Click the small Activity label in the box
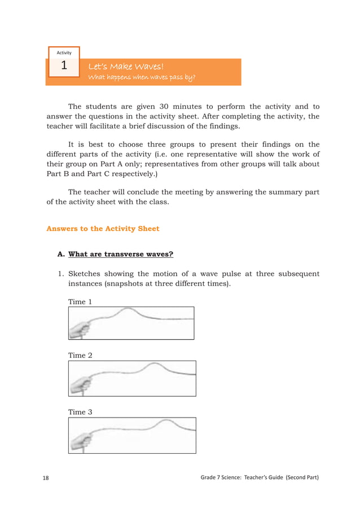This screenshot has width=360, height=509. coord(64,52)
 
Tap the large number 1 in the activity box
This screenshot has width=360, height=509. coord(64,67)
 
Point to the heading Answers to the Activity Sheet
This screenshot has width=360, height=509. coord(103,229)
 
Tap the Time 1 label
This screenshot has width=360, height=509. coord(80,302)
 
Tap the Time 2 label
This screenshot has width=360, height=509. coord(80,356)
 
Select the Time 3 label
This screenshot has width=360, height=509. coord(80,412)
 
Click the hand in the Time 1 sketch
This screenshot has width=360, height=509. coord(79,327)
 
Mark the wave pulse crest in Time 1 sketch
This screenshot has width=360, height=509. coord(129,309)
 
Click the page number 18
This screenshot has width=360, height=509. coord(46,478)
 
